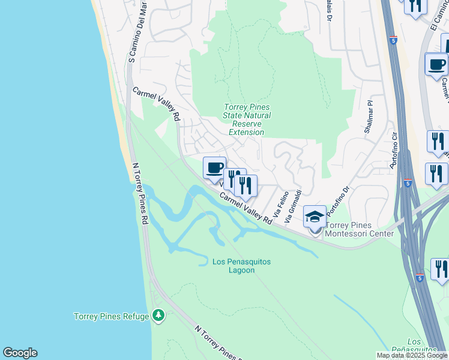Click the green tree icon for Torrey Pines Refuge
click(x=158, y=314)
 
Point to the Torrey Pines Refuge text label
click(x=111, y=316)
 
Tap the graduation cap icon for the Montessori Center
click(x=315, y=217)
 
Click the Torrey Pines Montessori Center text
click(x=360, y=229)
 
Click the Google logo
click(x=20, y=353)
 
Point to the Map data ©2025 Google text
click(x=412, y=355)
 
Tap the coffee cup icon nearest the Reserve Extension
click(x=214, y=168)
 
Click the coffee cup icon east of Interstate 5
click(x=436, y=64)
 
